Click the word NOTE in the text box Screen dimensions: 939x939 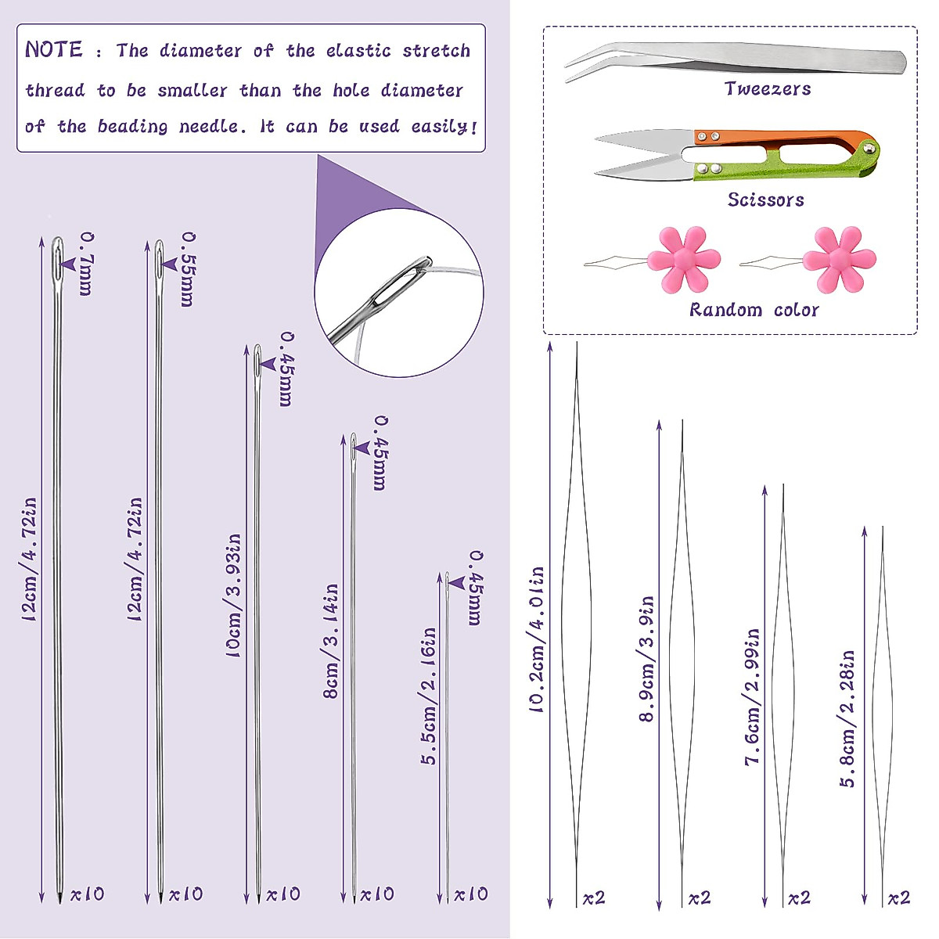coord(53,50)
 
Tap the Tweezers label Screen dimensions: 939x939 coord(767,89)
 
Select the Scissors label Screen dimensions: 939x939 coord(765,200)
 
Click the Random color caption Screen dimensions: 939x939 coord(754,310)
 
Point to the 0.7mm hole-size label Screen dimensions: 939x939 coord(86,264)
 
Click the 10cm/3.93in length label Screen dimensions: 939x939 coord(233,595)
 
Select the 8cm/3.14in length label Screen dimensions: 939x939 coord(331,640)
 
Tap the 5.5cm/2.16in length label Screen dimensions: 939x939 coord(429,696)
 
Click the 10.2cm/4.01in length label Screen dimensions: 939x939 coord(537,639)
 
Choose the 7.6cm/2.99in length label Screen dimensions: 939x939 coord(753,696)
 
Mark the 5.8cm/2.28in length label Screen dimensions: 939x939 coord(847,718)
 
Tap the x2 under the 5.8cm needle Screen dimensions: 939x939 coord(898,898)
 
